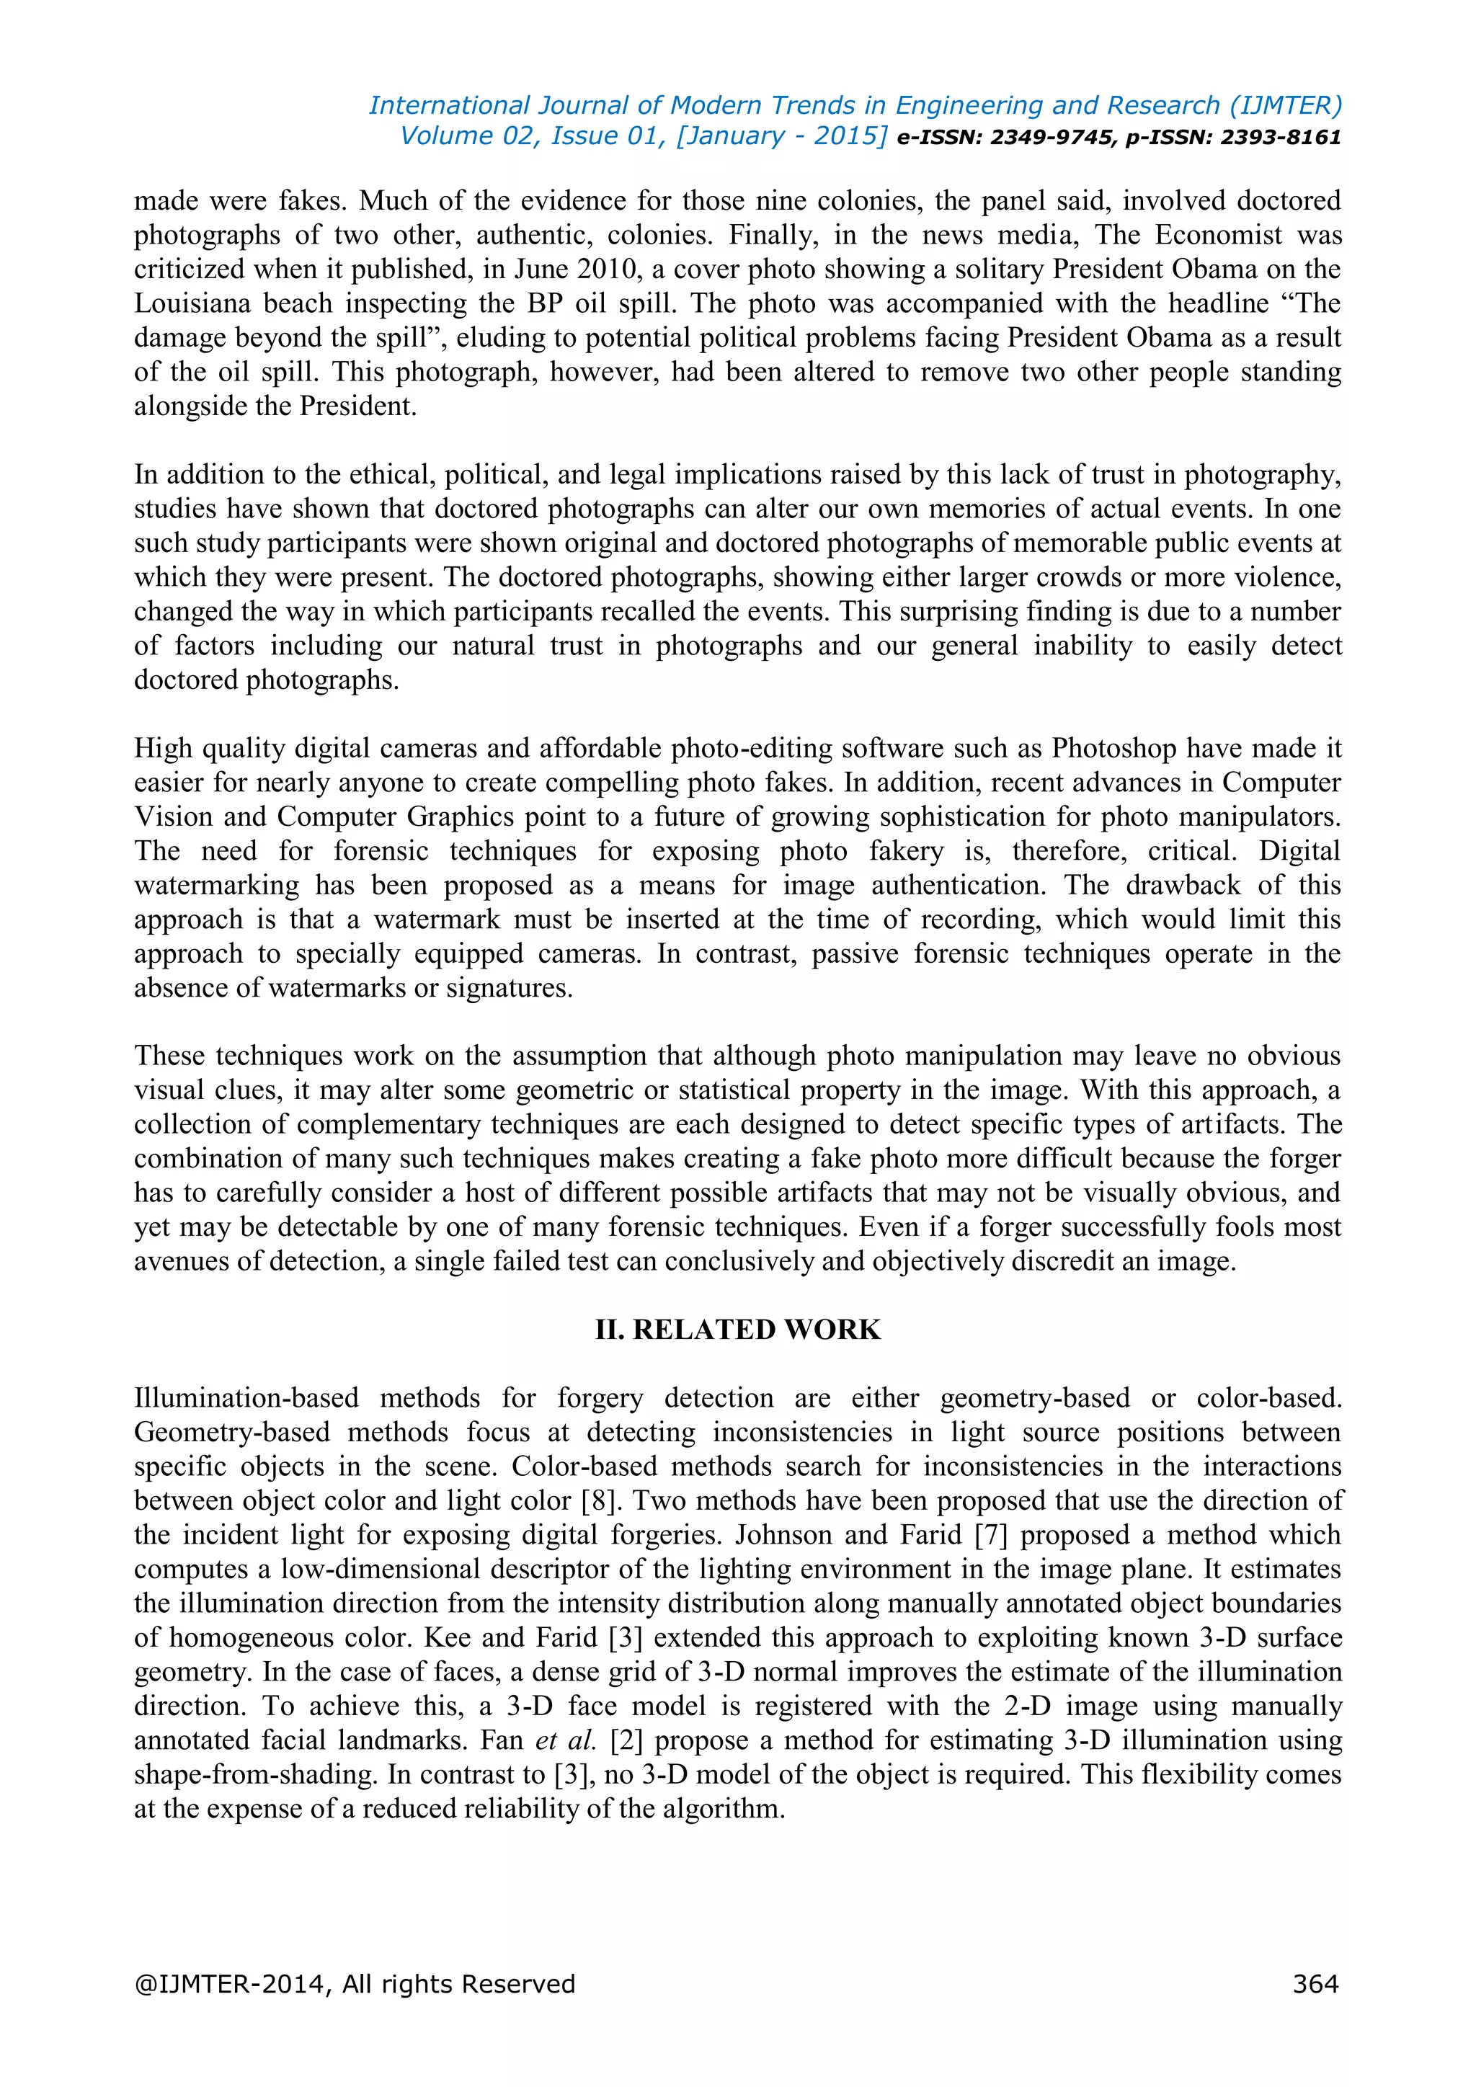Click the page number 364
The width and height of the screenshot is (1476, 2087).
point(1315,1983)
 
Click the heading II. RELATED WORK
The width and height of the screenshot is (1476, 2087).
point(737,1329)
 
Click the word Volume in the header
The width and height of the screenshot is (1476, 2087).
point(446,136)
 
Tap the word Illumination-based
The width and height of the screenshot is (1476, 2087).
point(246,1398)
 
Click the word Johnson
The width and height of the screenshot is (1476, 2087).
point(783,1535)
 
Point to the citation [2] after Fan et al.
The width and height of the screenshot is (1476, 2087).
point(626,1740)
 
